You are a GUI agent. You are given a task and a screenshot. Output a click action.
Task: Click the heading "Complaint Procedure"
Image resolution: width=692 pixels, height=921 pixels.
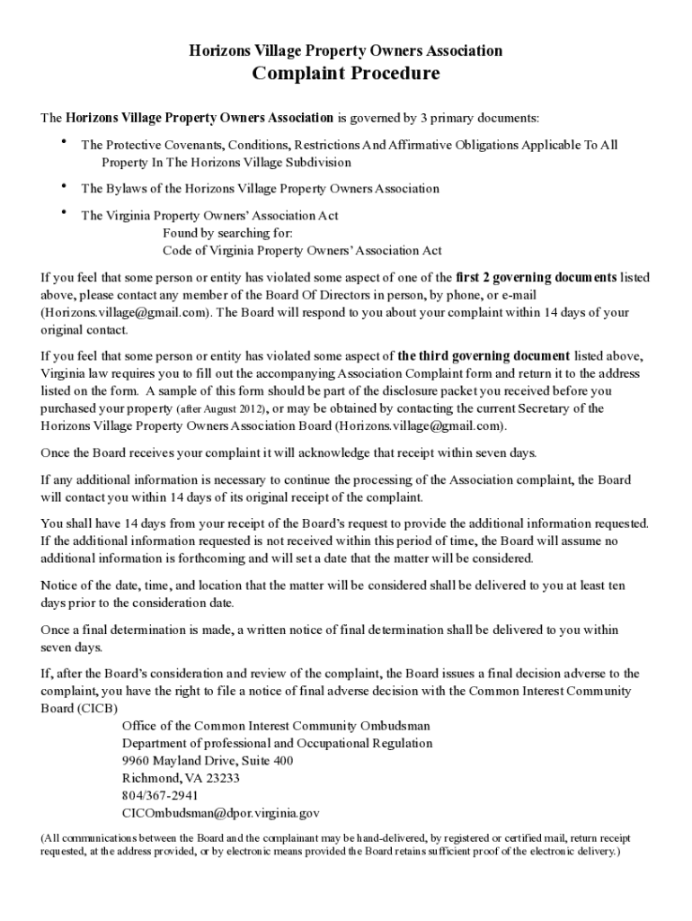[346, 74]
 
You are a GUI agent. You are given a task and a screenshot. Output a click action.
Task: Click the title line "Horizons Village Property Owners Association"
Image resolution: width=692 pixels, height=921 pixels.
[346, 50]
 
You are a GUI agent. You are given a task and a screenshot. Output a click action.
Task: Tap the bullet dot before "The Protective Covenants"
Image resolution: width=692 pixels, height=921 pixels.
[64, 142]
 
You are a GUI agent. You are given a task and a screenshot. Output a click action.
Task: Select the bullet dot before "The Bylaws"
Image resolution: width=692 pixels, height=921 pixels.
[64, 186]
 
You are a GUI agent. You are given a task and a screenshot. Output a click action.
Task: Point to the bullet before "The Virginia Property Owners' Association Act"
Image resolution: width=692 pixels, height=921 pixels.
[64, 213]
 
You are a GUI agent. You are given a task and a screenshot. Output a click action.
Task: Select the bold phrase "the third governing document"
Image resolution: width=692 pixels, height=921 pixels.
[484, 355]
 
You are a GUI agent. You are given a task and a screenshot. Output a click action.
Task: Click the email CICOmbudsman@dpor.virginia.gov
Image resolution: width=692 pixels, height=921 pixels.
[220, 812]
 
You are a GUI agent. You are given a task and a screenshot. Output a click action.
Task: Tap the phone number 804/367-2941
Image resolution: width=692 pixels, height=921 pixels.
[160, 795]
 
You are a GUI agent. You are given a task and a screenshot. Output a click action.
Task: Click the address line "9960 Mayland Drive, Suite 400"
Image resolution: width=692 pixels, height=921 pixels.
[207, 761]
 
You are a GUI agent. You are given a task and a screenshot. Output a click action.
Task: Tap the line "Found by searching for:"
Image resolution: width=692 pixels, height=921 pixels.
[227, 233]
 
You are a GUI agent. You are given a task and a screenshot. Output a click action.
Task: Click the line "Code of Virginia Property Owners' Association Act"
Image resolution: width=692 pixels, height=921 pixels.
[302, 250]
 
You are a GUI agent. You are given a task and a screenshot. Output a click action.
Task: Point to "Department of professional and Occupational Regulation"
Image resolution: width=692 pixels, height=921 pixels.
[277, 744]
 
